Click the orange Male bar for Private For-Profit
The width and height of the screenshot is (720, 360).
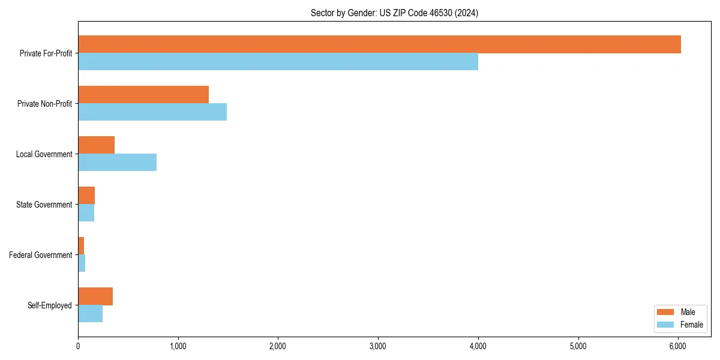(x=379, y=44)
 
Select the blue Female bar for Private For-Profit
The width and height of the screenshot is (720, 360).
(x=278, y=62)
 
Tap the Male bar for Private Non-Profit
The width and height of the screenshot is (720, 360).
(x=143, y=95)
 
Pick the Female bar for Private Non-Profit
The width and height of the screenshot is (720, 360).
(x=152, y=112)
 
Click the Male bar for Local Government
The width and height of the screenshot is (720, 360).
(x=96, y=145)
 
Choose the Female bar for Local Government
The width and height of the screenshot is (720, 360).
(x=117, y=163)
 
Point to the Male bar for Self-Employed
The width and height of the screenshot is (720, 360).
(x=95, y=296)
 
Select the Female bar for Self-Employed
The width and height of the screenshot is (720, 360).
(x=90, y=314)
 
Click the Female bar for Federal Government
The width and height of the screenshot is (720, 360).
(x=82, y=263)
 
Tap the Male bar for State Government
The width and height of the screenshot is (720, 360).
(x=86, y=196)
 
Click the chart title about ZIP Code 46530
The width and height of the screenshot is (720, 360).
(x=394, y=13)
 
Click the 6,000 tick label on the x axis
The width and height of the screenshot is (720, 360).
(x=678, y=346)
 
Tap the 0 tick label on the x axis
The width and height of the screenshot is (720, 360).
(x=78, y=346)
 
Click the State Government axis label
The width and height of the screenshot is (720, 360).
(x=44, y=205)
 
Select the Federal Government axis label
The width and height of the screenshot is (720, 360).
(x=41, y=255)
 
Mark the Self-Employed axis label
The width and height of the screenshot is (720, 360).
(x=49, y=305)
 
